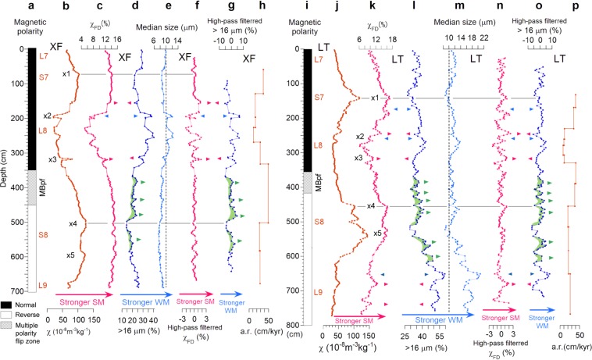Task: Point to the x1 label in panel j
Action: (376, 98)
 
